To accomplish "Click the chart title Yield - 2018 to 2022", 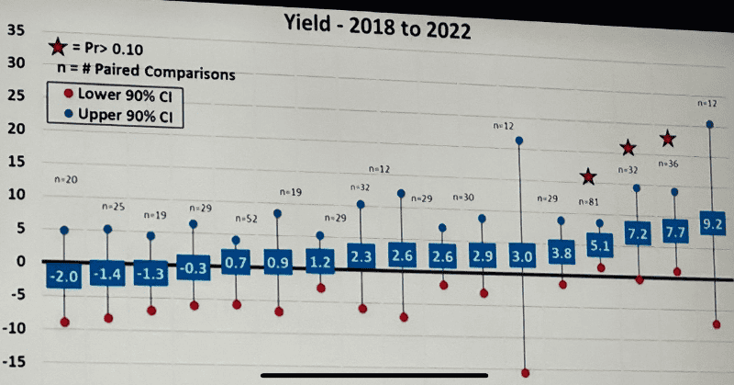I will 376,29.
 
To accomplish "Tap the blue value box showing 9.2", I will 714,223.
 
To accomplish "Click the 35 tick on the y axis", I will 16,29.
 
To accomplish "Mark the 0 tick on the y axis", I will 17,262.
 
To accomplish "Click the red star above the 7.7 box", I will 669,139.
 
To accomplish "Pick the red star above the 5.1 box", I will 587,176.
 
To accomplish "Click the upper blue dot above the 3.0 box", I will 519,141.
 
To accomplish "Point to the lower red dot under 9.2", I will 716,325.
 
